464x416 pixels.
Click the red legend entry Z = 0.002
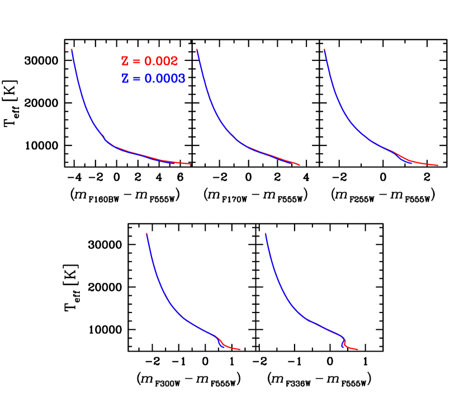click(149, 62)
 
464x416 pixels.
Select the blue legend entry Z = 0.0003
click(153, 79)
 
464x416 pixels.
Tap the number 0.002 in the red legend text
click(161, 62)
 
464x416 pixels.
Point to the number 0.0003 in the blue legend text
click(165, 79)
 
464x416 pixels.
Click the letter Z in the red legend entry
click(125, 62)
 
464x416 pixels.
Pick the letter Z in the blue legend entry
click(125, 79)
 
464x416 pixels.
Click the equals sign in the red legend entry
click(136, 62)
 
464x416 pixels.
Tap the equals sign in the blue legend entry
click(136, 79)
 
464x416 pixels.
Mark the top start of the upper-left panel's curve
click(72, 50)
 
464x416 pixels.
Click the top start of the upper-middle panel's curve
click(197, 50)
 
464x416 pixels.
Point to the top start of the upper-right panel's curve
click(324, 50)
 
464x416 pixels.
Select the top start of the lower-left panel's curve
click(146, 233)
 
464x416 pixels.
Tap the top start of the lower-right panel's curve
click(265, 233)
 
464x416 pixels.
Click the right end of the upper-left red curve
click(191, 164)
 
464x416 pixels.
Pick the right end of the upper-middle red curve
click(300, 166)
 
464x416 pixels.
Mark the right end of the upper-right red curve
click(437, 166)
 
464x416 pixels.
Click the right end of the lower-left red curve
click(240, 349)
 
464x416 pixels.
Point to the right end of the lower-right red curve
click(358, 350)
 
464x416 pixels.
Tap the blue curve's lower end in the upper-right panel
click(411, 163)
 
